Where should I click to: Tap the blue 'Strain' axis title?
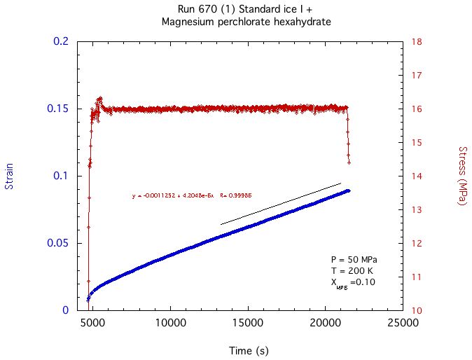click(10, 176)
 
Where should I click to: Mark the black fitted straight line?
click(280, 204)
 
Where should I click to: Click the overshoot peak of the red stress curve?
click(100, 99)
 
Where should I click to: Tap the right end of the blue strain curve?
click(349, 190)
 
